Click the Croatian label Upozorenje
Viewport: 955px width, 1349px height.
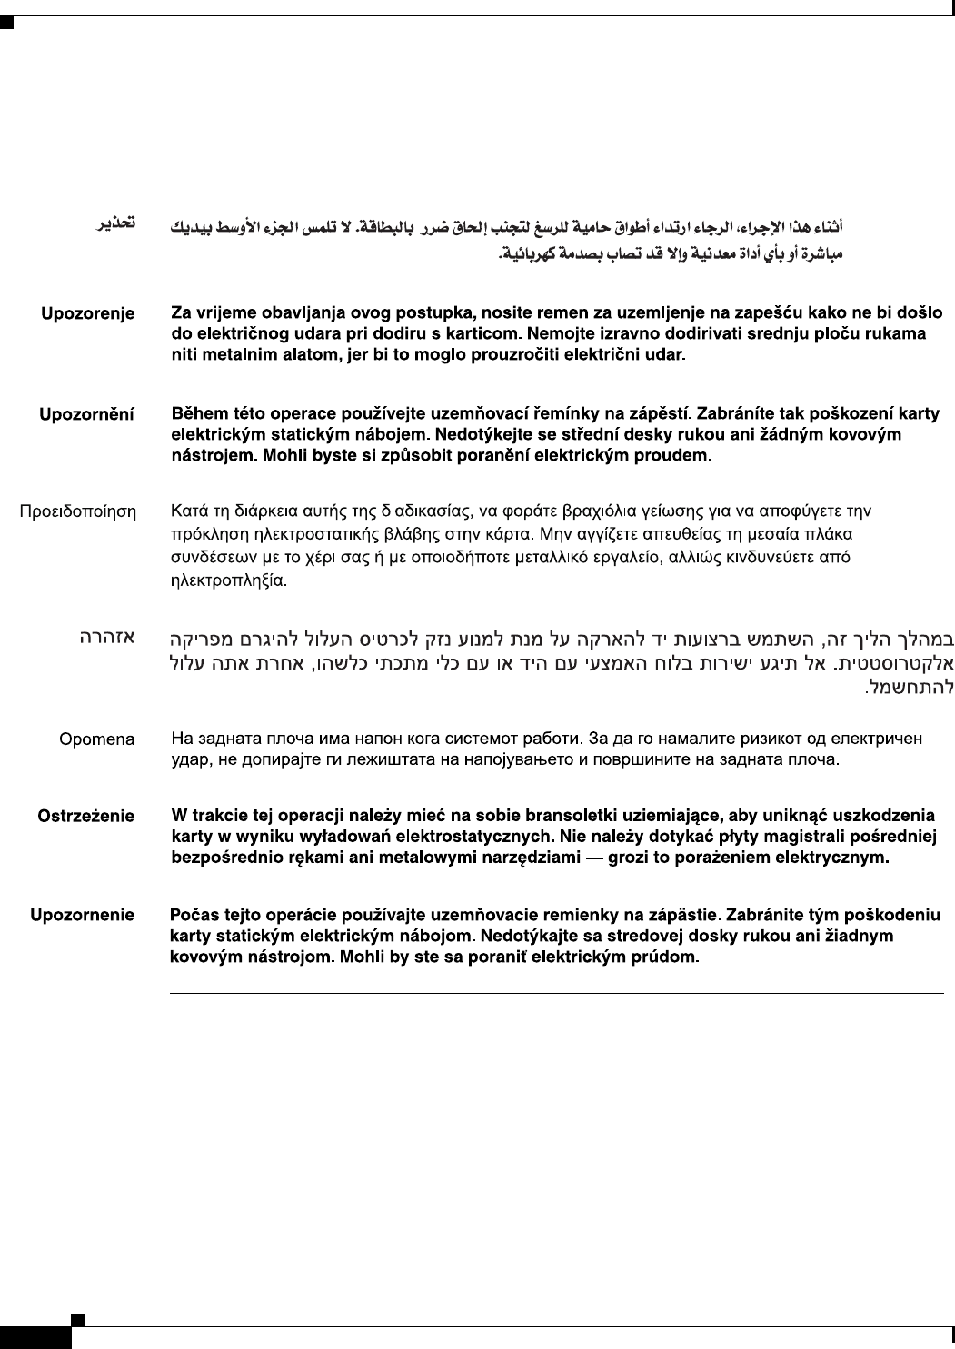pos(87,313)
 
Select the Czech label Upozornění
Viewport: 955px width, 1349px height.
pos(86,414)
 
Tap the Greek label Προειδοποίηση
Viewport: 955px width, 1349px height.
pos(78,512)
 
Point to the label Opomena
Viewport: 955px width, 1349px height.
pos(96,739)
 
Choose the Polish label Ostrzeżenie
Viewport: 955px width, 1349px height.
pos(85,817)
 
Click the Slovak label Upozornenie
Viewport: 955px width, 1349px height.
pos(82,915)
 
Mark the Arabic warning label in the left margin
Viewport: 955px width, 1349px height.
pos(117,222)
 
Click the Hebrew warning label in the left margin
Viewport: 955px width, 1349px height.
pos(106,637)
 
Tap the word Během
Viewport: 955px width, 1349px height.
pos(199,413)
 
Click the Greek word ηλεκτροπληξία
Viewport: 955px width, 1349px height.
pos(229,580)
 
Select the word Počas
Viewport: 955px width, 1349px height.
pos(194,915)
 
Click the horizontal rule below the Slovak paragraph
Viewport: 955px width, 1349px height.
pos(557,994)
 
